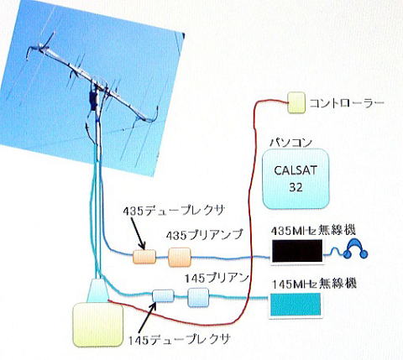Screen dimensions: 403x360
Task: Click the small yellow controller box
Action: [x=296, y=102]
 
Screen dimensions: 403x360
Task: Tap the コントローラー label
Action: [x=347, y=103]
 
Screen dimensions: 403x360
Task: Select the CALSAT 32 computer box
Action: [x=296, y=179]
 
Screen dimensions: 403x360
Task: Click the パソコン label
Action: [x=290, y=143]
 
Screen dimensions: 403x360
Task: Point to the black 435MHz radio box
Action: [x=297, y=251]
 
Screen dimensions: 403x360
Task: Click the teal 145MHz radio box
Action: [x=296, y=305]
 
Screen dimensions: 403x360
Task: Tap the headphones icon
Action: [x=355, y=248]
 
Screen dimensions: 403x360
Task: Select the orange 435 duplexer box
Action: [x=144, y=257]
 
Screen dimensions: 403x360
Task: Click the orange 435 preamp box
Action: [x=180, y=257]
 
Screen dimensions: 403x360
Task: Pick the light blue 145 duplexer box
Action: [x=163, y=296]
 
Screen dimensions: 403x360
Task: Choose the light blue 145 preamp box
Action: [x=198, y=297]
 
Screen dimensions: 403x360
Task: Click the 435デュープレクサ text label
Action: [x=174, y=211]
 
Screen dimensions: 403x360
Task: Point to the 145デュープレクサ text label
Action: [x=179, y=339]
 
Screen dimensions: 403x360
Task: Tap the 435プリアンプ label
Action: [x=204, y=235]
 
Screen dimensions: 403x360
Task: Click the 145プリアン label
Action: [x=217, y=279]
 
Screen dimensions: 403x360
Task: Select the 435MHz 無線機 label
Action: [x=313, y=231]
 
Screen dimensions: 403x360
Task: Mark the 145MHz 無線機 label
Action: [x=315, y=284]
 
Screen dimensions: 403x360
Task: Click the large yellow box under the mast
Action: [x=97, y=325]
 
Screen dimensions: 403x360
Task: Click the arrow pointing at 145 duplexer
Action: [x=147, y=318]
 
